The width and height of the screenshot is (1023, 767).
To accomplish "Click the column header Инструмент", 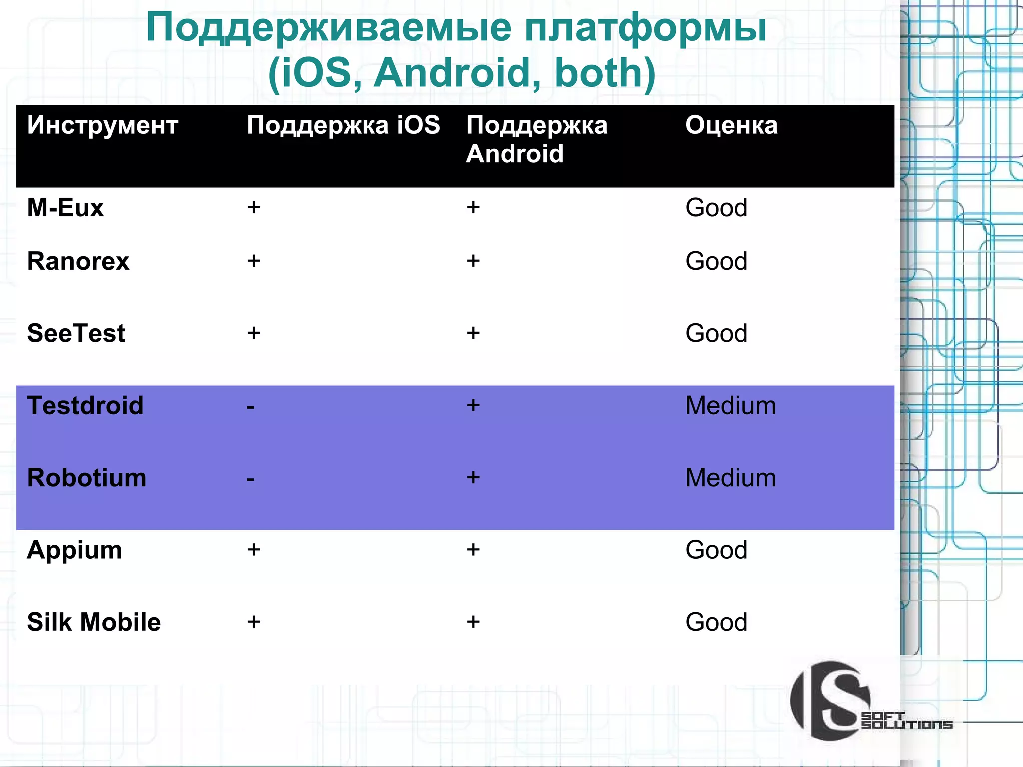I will click(102, 125).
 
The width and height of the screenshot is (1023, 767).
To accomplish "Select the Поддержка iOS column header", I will click(343, 125).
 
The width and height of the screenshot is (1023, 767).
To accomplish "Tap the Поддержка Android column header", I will click(536, 139).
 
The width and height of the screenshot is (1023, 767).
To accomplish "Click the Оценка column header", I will click(731, 125).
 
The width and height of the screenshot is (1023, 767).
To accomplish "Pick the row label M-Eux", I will click(65, 207).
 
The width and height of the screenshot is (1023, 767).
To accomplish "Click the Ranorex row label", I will click(78, 261).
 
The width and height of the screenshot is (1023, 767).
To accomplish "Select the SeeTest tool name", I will click(76, 333).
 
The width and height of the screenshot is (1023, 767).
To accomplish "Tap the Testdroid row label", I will click(85, 405).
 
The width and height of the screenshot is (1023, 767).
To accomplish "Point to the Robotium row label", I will click(87, 478).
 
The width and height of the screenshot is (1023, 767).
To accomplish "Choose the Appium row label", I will click(74, 550).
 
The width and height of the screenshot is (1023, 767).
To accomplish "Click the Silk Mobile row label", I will click(94, 622).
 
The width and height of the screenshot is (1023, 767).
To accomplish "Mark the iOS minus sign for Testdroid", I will click(251, 407).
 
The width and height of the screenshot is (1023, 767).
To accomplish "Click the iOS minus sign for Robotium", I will click(251, 480).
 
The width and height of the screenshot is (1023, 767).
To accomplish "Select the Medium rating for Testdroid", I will click(730, 405).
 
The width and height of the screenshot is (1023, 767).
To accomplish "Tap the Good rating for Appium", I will click(716, 550).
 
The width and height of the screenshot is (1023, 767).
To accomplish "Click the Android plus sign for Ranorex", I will click(473, 261).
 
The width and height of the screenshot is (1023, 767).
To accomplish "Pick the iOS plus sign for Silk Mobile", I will click(254, 622).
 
